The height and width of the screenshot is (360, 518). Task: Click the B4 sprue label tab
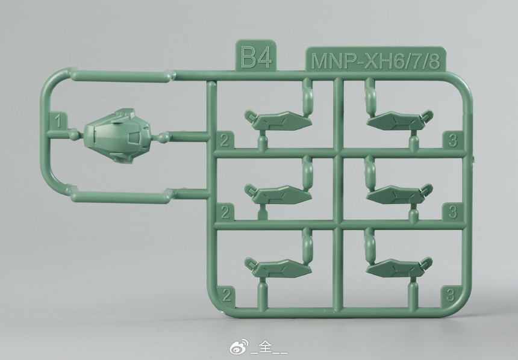tap(256, 55)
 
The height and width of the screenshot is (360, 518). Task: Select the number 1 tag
tap(58, 121)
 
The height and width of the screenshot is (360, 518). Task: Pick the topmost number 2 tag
tap(225, 141)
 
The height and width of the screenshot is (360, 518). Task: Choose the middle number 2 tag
tap(225, 212)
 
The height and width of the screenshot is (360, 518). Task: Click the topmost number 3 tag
tap(453, 140)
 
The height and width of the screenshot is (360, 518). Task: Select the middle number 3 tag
tap(453, 212)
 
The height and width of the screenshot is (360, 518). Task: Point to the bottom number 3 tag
tap(451, 295)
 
